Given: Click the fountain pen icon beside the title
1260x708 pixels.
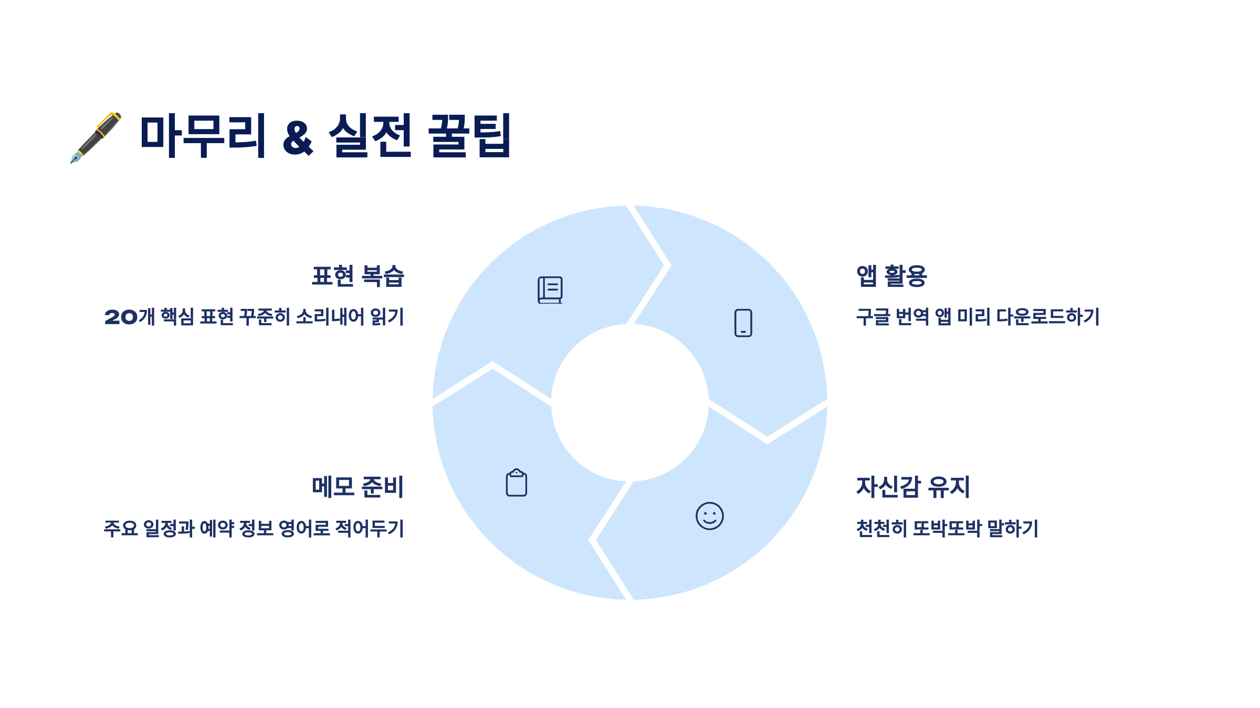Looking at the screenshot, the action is point(96,137).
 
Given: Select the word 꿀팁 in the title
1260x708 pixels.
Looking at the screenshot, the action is point(469,135).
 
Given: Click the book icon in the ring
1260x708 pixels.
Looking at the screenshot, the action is point(550,290).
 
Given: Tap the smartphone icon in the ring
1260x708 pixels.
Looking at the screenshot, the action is point(743,323).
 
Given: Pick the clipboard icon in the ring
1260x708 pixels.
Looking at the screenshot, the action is point(516,482).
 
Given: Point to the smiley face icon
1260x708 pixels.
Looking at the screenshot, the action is point(709,516).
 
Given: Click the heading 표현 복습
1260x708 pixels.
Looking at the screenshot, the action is point(358,276).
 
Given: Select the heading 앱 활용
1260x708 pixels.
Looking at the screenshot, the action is point(891,276).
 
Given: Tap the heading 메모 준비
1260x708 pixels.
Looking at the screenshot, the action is point(358,487).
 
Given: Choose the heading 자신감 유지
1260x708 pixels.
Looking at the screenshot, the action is point(913,487).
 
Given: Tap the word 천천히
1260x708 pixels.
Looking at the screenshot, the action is point(881,528).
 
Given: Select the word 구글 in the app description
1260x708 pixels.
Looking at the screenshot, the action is point(873,317).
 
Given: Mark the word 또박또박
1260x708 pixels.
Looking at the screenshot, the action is point(947,528).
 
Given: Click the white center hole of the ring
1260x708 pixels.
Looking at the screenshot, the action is point(629,403).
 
